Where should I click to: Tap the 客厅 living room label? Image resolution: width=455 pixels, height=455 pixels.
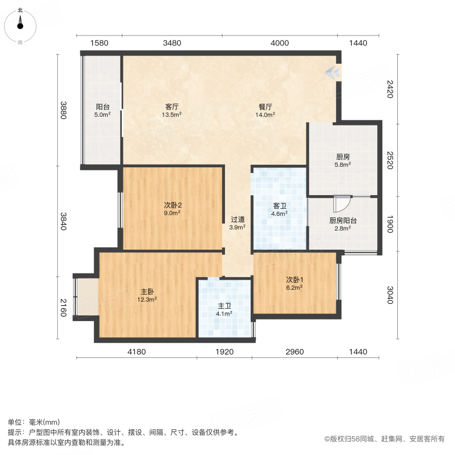pyautogui.click(x=172, y=107)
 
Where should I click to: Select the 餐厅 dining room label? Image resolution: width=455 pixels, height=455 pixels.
pyautogui.click(x=265, y=107)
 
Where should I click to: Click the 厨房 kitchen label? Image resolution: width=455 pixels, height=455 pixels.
pyautogui.click(x=343, y=157)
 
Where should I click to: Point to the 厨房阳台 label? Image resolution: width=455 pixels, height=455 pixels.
pyautogui.click(x=343, y=220)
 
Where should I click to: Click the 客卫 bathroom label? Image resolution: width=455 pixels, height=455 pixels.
pyautogui.click(x=280, y=206)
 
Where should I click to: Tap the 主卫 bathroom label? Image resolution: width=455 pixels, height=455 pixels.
pyautogui.click(x=224, y=306)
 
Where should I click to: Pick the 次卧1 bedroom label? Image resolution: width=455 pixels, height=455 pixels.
pyautogui.click(x=294, y=280)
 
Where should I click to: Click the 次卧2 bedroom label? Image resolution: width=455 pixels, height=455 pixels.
pyautogui.click(x=172, y=205)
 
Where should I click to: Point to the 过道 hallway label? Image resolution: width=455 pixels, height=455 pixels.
pyautogui.click(x=238, y=220)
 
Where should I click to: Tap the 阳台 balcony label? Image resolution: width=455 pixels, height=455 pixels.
pyautogui.click(x=103, y=107)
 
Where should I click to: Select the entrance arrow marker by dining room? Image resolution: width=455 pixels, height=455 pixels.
pyautogui.click(x=332, y=73)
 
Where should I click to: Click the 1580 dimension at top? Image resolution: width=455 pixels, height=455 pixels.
pyautogui.click(x=100, y=43)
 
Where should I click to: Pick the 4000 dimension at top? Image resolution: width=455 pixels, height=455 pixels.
pyautogui.click(x=280, y=43)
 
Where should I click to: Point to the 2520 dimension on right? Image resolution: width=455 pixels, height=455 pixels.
pyautogui.click(x=390, y=160)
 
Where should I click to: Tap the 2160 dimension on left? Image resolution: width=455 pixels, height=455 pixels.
pyautogui.click(x=64, y=308)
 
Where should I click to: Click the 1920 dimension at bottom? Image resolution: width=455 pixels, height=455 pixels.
pyautogui.click(x=224, y=352)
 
